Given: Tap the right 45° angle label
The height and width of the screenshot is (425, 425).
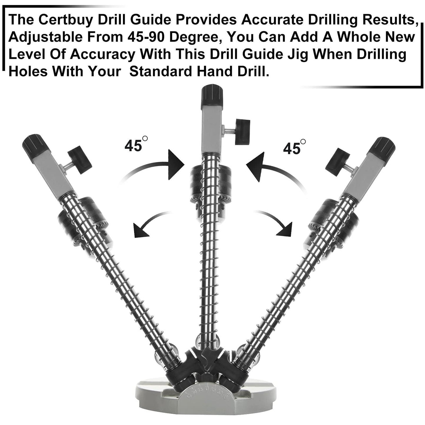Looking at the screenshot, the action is (294, 147).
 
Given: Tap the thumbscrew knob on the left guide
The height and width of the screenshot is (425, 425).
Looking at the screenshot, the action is (80, 160).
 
